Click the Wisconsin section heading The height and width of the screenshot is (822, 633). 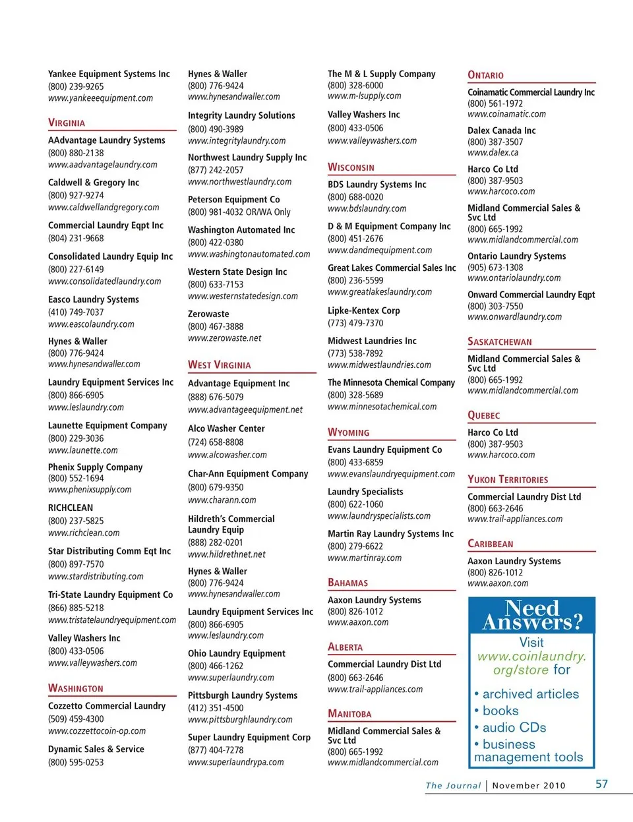click(351, 167)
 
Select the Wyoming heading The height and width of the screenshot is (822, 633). click(348, 432)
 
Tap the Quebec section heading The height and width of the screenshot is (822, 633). click(483, 415)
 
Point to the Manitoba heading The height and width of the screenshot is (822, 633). click(349, 714)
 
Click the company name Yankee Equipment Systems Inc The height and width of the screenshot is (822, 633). click(109, 74)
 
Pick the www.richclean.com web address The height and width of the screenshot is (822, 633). click(84, 533)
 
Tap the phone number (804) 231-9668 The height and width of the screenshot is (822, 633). click(76, 238)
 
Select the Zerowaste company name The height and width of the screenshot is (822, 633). click(208, 314)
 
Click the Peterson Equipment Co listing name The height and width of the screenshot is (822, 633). click(233, 199)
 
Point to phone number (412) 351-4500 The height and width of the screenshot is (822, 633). click(216, 707)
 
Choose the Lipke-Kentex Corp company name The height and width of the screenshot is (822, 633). click(363, 310)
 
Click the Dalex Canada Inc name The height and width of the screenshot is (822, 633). click(501, 131)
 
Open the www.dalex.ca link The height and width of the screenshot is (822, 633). click(493, 152)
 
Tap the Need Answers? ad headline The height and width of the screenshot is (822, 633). click(531, 615)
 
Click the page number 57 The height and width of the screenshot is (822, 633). click(601, 784)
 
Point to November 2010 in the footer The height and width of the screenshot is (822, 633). click(528, 785)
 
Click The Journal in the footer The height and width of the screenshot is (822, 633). click(453, 785)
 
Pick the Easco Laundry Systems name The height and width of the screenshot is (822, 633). click(94, 299)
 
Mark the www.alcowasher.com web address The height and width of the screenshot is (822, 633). click(227, 454)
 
